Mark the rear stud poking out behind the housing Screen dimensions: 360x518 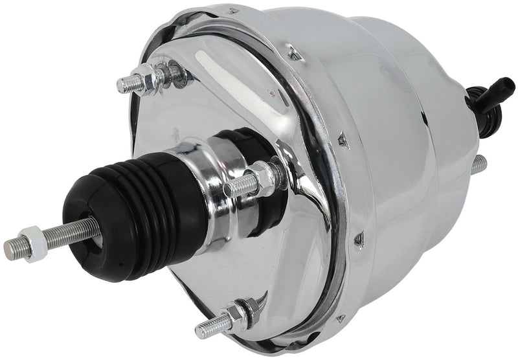pyautogui.click(x=479, y=165)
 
